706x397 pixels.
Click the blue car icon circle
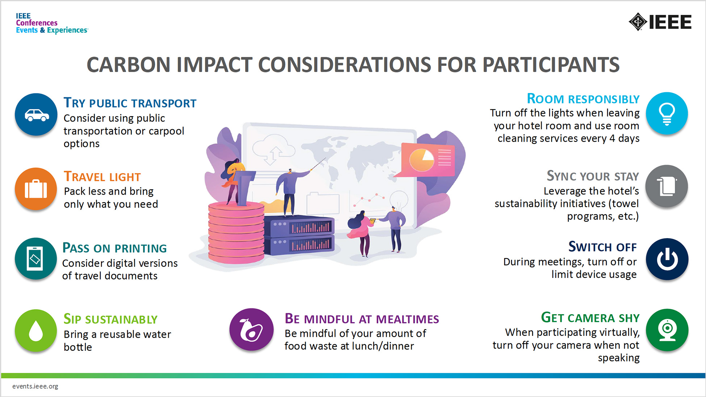[x=36, y=115]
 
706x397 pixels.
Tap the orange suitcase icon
[x=36, y=189]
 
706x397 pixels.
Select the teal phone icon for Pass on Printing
[x=35, y=258]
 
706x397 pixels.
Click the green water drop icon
[x=36, y=330]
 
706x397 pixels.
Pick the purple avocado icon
[x=251, y=330]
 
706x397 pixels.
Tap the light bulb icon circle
[x=667, y=113]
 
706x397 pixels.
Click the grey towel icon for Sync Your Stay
[x=667, y=186]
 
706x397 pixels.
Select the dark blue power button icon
[x=667, y=259]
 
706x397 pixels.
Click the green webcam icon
[x=667, y=330]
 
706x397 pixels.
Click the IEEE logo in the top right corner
[x=660, y=22]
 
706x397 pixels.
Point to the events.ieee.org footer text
[x=35, y=386]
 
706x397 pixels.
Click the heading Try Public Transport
[x=130, y=103]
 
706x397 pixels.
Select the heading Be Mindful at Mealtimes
[x=361, y=319]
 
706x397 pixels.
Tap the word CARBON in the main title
[x=129, y=65]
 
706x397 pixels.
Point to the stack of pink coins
[x=236, y=233]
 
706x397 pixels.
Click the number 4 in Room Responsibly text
[x=612, y=139]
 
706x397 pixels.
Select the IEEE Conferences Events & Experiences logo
[x=51, y=23]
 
